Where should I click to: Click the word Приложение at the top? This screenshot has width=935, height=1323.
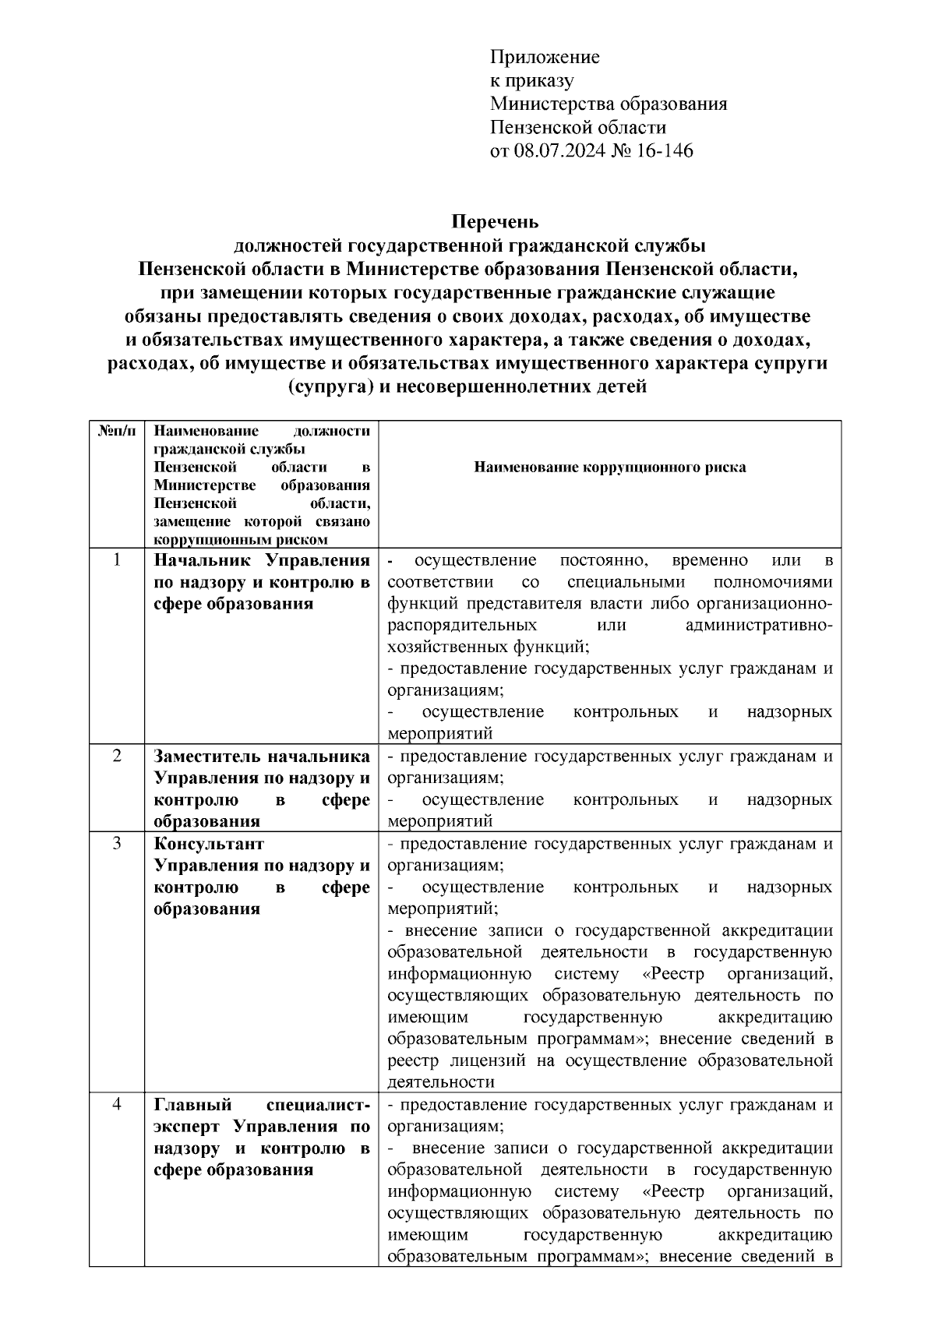pos(545,58)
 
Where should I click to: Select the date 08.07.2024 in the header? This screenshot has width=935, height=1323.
pos(557,150)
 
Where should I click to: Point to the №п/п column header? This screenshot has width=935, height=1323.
pos(117,431)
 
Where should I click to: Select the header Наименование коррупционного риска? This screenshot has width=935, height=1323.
pos(609,467)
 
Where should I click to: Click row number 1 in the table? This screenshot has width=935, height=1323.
pos(117,560)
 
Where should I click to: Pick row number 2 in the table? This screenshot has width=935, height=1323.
pos(117,757)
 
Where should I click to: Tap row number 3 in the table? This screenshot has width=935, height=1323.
pos(117,844)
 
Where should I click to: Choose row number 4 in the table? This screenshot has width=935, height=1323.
pos(117,1105)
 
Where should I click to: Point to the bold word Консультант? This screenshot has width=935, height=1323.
pos(209,845)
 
